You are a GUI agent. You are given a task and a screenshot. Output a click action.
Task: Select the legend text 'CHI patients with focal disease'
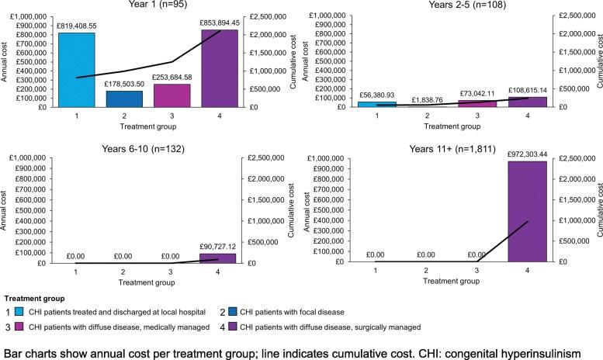289,311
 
